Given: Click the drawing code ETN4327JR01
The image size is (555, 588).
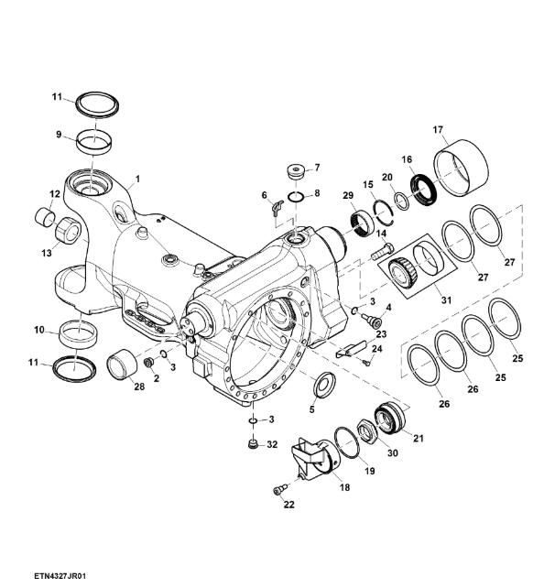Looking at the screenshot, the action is click(x=60, y=575).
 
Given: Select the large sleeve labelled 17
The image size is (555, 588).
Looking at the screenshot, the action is click(x=461, y=168).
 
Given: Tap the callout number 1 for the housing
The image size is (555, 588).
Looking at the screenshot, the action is click(x=137, y=179).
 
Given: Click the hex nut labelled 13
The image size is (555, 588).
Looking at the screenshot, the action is click(x=68, y=230).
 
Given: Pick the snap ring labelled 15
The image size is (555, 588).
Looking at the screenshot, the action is click(x=383, y=212).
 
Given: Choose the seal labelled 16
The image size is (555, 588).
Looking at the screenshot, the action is click(x=423, y=191).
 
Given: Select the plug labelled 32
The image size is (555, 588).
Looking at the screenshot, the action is click(x=254, y=444).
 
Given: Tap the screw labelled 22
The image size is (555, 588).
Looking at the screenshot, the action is click(x=279, y=489).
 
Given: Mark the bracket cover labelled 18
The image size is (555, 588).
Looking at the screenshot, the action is click(x=316, y=460).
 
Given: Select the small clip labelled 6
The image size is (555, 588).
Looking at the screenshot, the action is click(x=277, y=208).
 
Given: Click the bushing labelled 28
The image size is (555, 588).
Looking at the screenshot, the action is click(x=122, y=364).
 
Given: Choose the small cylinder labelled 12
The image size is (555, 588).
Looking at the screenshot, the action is click(x=45, y=217).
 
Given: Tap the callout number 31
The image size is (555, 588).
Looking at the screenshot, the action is click(x=446, y=300).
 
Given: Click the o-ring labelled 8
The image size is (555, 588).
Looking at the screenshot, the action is click(x=296, y=197).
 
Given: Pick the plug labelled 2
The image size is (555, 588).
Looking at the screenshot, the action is click(x=149, y=363).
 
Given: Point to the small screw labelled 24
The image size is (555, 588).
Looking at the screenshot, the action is click(x=366, y=363).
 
